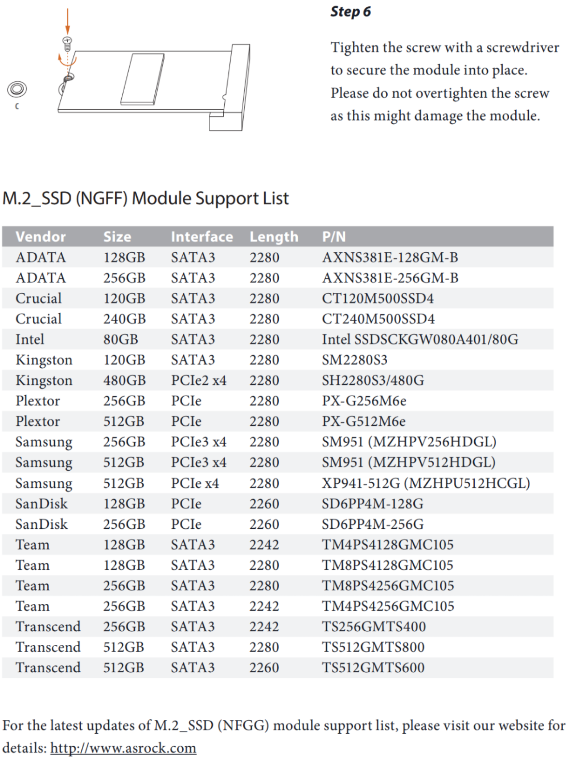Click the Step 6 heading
[350, 12]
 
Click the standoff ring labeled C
[17, 89]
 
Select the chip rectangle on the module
[142, 79]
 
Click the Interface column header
[202, 237]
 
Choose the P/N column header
[334, 237]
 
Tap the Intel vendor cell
[30, 339]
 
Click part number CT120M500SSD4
[378, 298]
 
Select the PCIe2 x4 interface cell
[199, 380]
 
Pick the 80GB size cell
[121, 339]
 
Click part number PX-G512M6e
[363, 421]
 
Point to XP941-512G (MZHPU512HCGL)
[426, 483]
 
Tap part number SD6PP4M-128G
[372, 504]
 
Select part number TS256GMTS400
[374, 627]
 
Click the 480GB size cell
[124, 380]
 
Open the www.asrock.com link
[123, 748]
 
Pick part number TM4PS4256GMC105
[388, 606]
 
